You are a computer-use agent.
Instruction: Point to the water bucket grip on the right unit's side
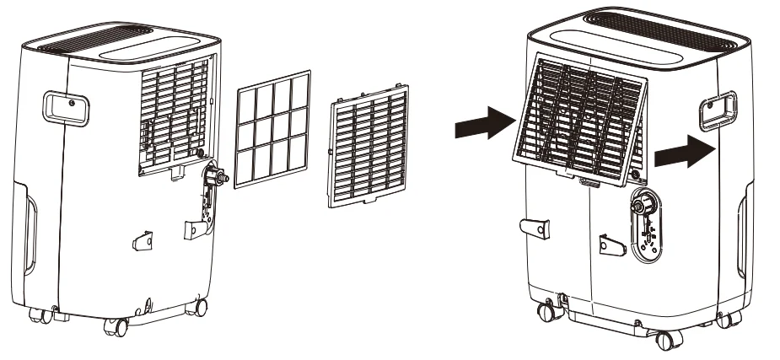(742, 238)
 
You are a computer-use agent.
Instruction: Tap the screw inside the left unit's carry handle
(71, 104)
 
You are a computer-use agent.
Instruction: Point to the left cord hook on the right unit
(533, 228)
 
